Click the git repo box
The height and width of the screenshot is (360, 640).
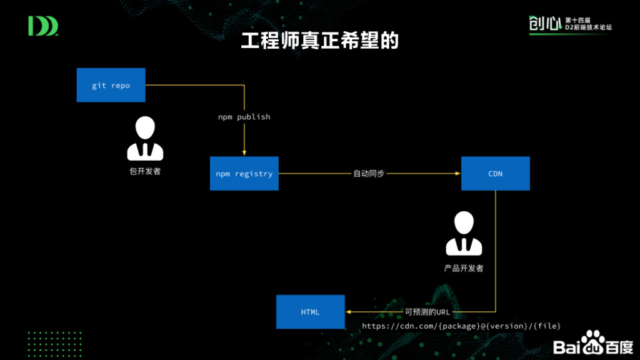coord(111,85)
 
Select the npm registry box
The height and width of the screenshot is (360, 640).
coord(244,174)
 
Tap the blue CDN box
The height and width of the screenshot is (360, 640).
coord(495,174)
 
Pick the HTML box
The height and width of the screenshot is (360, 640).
coord(311,312)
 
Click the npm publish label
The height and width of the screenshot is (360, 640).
coord(244,117)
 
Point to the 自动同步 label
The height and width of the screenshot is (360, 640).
coord(369,174)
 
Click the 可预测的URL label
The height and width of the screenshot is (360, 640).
coord(427,312)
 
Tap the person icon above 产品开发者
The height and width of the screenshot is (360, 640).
coord(464,234)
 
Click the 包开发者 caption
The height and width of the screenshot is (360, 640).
coord(145,171)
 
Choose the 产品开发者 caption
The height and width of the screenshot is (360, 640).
coord(464,268)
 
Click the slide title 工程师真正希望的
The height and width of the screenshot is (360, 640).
coord(319,41)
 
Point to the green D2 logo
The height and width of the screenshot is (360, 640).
coord(43,26)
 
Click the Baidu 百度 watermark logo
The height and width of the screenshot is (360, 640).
coord(592,346)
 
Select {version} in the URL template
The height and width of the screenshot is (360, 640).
coord(511,326)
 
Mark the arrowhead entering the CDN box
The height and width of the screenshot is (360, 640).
coord(457,174)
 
